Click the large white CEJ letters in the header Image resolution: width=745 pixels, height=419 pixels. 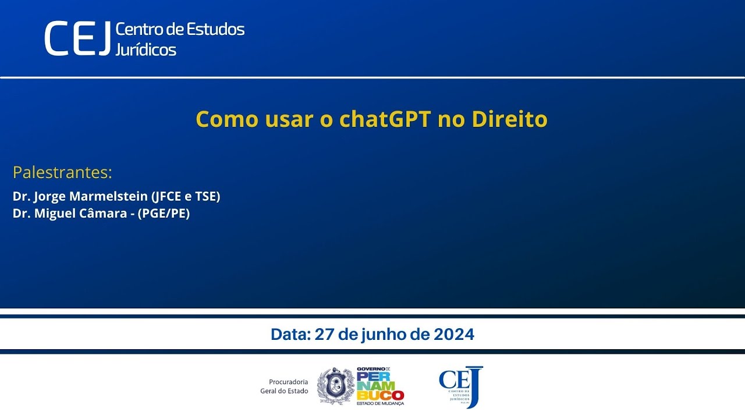[77, 38]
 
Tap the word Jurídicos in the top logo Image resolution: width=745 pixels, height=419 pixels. [146, 49]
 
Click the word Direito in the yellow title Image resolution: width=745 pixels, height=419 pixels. [509, 119]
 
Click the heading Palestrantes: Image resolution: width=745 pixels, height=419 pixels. [62, 173]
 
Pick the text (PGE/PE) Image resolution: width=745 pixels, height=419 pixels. [164, 214]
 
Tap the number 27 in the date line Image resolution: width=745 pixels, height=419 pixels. [323, 335]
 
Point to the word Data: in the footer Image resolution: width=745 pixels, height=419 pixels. [290, 335]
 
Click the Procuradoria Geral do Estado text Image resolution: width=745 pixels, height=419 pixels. [284, 386]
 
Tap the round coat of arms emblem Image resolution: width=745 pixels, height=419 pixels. [336, 386]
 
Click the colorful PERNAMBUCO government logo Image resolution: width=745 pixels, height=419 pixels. [380, 386]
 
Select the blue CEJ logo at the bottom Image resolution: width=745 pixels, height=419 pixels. [461, 386]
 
